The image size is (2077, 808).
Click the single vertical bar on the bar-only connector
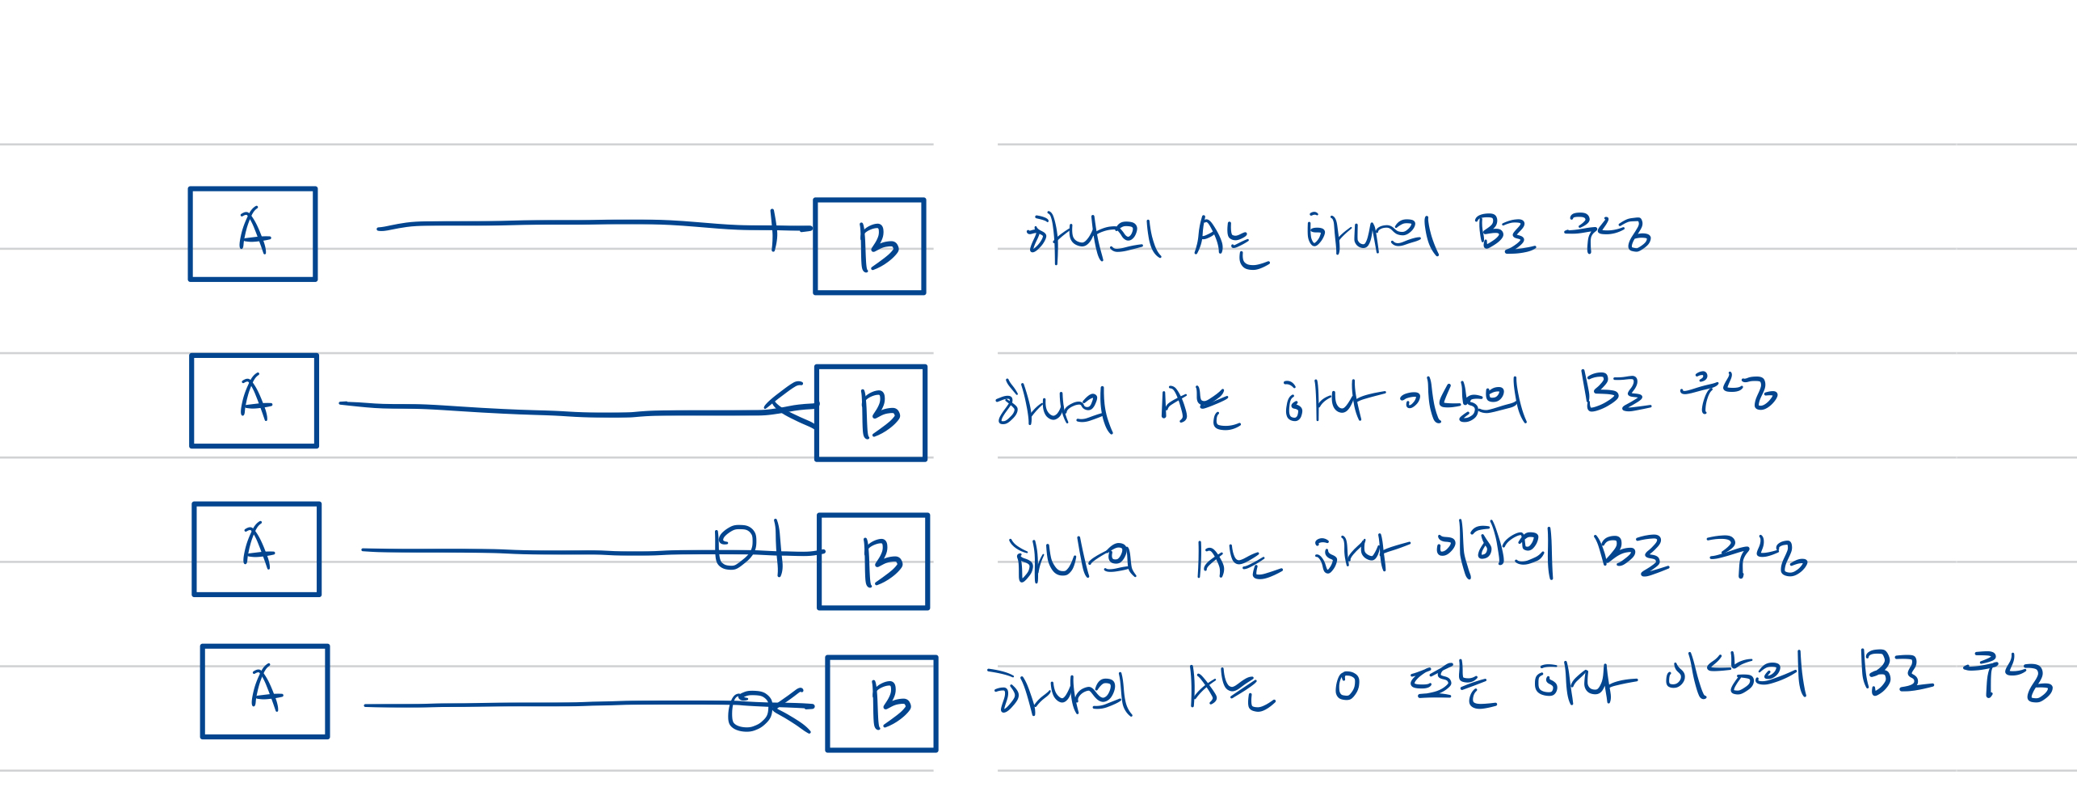coord(774,229)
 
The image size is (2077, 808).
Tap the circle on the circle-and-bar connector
coord(735,549)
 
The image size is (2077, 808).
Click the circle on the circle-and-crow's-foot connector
coord(749,710)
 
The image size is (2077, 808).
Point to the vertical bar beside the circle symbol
coord(779,549)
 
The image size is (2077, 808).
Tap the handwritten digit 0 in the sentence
coord(1347,687)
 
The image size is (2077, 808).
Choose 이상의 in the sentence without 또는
coord(1463,401)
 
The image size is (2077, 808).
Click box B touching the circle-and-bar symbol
coord(873,562)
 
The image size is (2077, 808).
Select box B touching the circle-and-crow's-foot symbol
coord(881,704)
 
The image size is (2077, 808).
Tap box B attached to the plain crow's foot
coord(871,413)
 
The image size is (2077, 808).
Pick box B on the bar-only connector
coord(869,246)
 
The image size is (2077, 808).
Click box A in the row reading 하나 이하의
coord(257,549)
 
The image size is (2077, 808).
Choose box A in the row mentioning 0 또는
coord(265,692)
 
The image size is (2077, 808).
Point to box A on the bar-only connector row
coord(253,234)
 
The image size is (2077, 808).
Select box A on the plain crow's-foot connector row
coord(254,401)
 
